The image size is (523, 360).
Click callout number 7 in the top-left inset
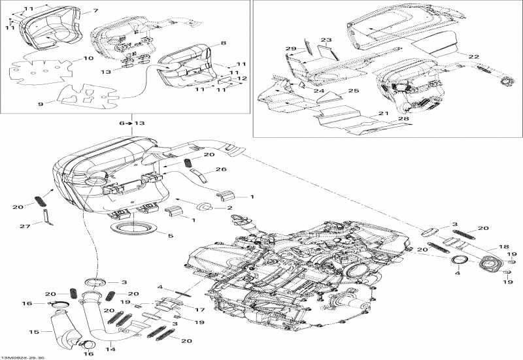[95, 11]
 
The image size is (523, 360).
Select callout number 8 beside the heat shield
[224, 43]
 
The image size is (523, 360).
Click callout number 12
[243, 78]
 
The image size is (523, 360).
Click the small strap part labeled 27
[46, 216]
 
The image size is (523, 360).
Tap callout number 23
[326, 41]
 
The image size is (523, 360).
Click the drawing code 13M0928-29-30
[23, 357]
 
